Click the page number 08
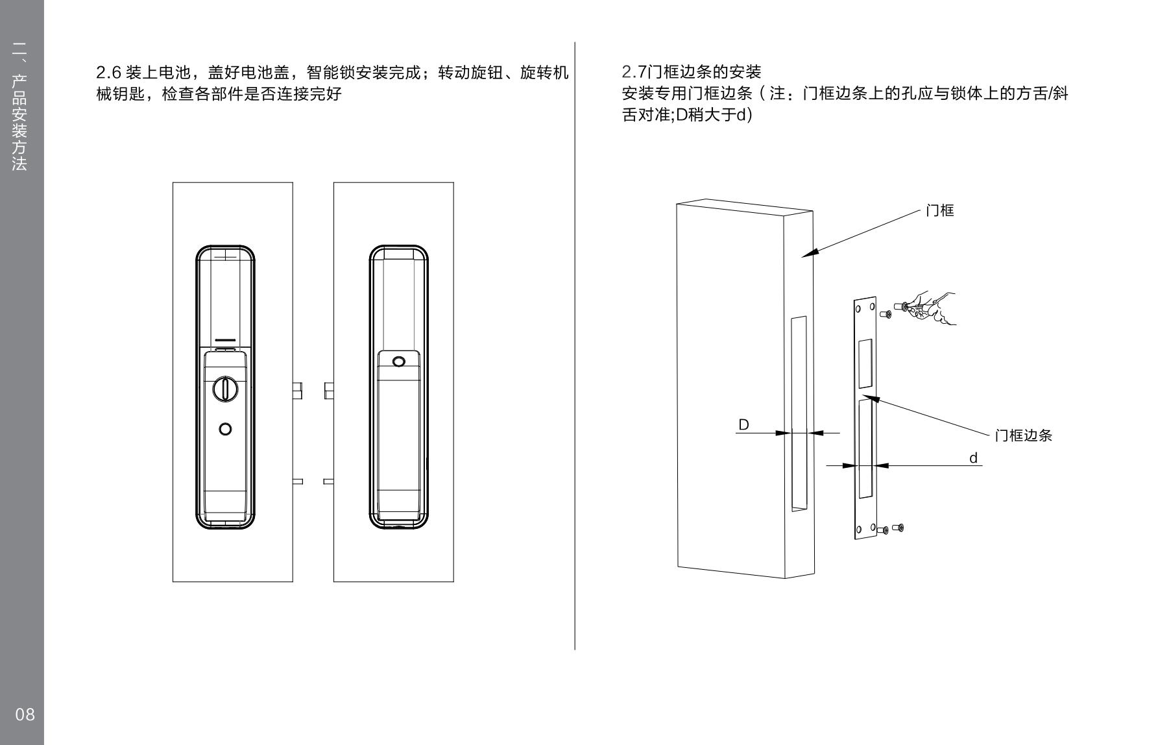25,714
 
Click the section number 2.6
109,72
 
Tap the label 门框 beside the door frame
939,210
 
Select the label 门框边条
1023,435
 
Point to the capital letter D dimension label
743,424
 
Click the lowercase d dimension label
973,458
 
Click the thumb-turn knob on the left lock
225,389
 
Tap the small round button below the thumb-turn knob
225,429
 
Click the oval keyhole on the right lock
398,361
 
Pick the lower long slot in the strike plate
864,449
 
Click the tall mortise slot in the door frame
799,413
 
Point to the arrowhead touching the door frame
806,254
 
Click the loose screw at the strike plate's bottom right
899,527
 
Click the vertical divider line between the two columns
575,344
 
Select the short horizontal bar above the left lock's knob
225,340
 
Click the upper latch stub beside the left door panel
297,391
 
